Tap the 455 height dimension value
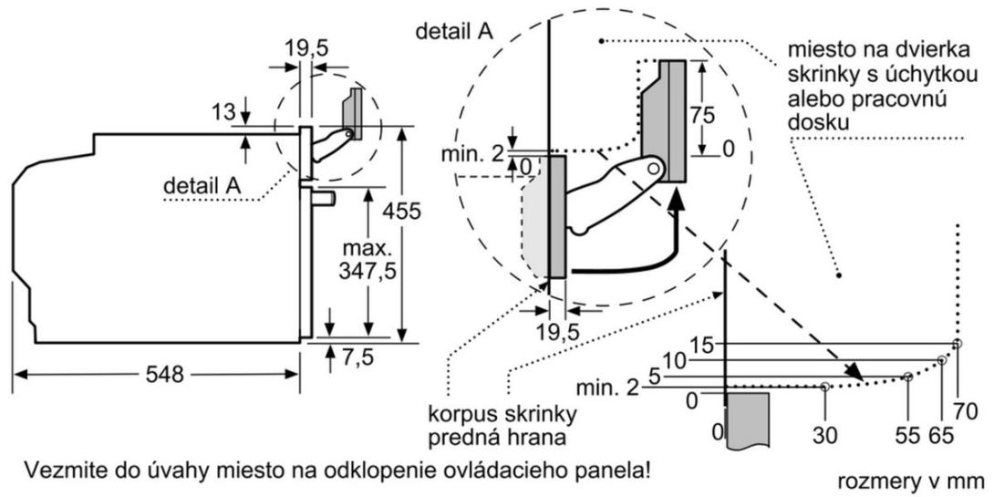click(x=402, y=211)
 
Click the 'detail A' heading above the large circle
click(x=454, y=31)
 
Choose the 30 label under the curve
click(x=825, y=436)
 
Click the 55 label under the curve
click(x=906, y=436)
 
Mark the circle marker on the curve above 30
click(x=825, y=387)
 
